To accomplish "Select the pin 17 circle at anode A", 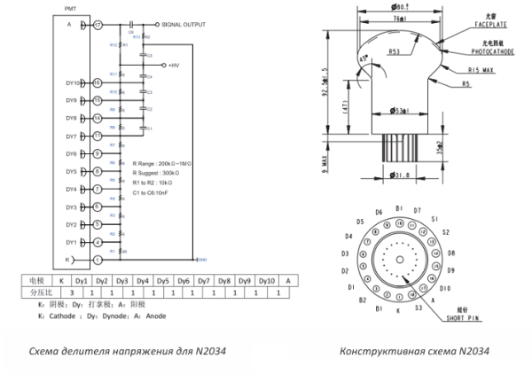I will (98, 26).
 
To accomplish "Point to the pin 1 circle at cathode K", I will (98, 259).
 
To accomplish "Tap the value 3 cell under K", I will (60, 291).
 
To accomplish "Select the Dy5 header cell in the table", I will (163, 279).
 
